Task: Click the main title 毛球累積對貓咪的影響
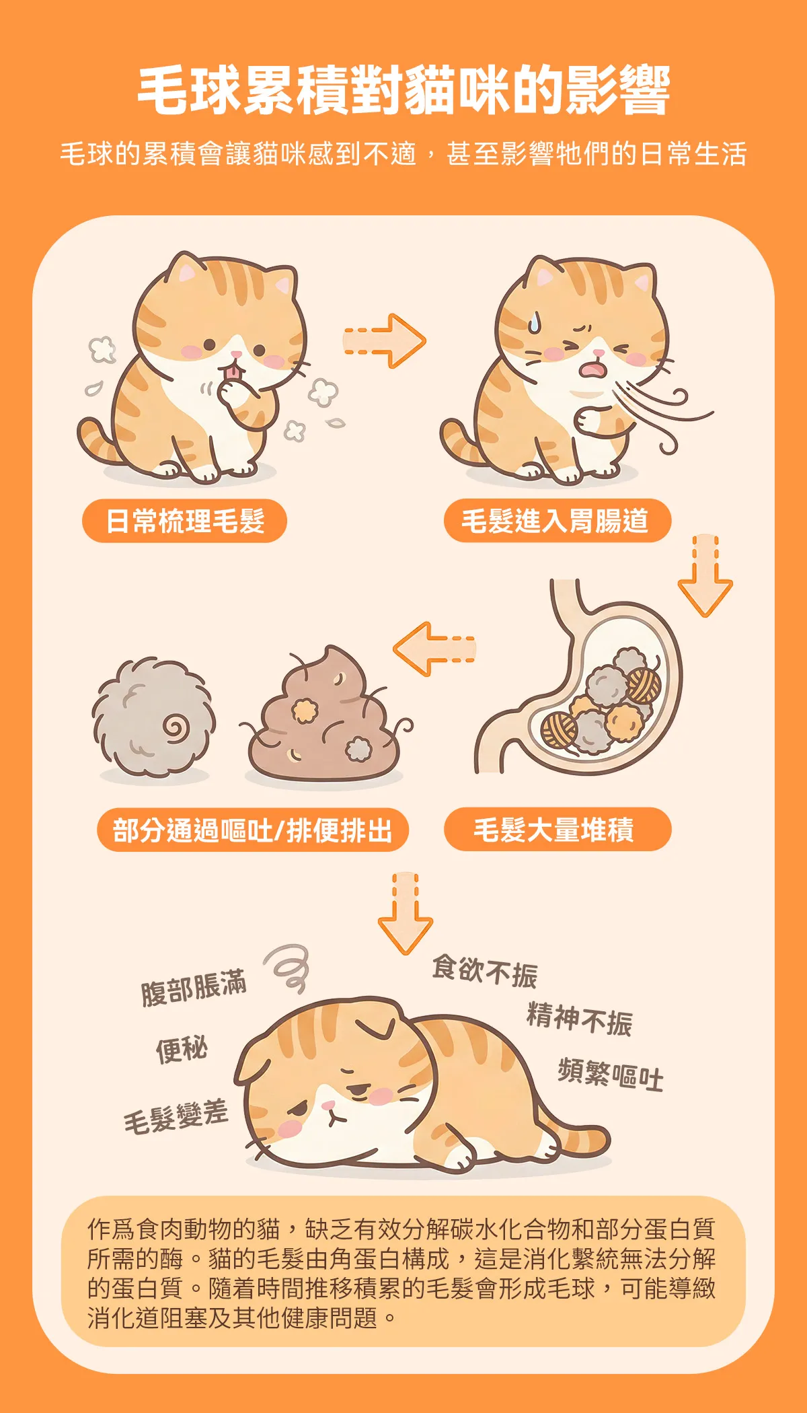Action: tap(403, 90)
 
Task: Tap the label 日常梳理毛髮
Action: tap(185, 521)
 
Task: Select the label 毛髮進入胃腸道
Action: tap(555, 521)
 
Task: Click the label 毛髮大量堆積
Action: tap(553, 830)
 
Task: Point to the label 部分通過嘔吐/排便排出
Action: tap(252, 830)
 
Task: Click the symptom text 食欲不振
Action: tap(485, 972)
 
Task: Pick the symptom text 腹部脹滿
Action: tap(194, 988)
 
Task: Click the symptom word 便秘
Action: tap(182, 1049)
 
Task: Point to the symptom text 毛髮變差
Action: tap(176, 1118)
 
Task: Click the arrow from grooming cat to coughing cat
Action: tap(385, 340)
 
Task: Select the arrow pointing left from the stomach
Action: tap(434, 649)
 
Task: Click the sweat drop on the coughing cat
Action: tap(533, 322)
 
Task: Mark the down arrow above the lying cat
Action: tap(405, 913)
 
